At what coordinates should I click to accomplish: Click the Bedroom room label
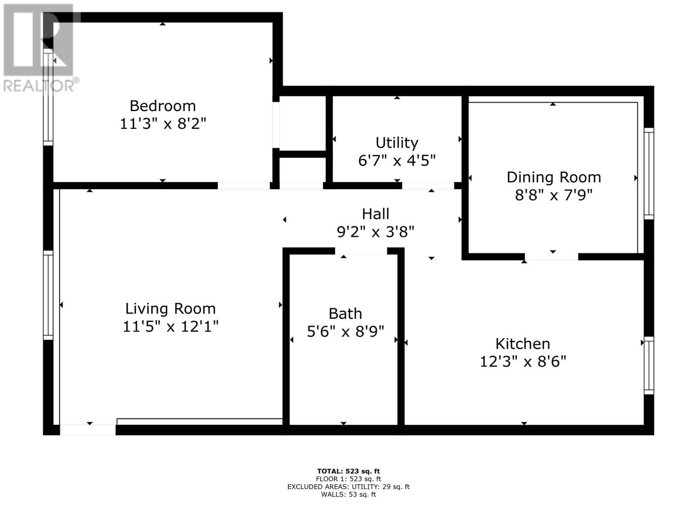point(162,106)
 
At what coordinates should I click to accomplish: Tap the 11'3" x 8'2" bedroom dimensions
point(162,124)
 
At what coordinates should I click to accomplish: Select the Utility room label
point(397,143)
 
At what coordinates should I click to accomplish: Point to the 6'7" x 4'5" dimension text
point(397,161)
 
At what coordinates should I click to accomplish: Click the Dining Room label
point(554,177)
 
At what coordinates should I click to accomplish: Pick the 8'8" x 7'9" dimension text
point(554,195)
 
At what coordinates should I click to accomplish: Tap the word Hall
point(376,214)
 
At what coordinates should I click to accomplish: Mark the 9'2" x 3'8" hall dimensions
point(376,232)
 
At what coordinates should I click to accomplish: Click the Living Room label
point(170,308)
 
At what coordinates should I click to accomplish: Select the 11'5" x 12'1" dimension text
point(170,326)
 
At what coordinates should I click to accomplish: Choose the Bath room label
point(345,314)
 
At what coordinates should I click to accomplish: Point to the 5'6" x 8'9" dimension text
point(345,332)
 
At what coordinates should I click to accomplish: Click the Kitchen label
point(522,344)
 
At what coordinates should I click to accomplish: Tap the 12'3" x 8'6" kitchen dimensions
point(522,362)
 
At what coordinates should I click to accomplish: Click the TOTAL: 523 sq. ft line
point(348,471)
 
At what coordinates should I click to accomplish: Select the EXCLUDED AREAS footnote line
point(348,487)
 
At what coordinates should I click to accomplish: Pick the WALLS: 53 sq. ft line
point(348,495)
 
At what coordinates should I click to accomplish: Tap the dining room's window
point(649,173)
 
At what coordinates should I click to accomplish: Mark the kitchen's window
point(649,365)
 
